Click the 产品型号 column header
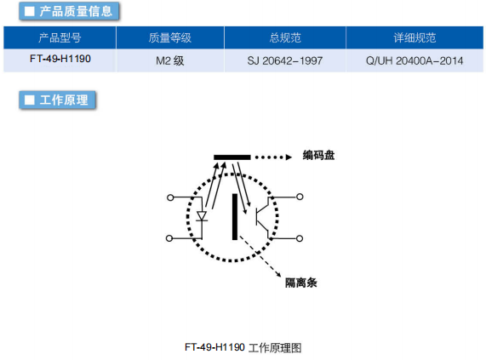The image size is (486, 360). tap(60, 37)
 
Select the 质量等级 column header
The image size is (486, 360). tap(170, 37)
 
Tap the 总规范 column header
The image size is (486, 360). tap(285, 37)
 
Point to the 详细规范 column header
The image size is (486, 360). tap(415, 37)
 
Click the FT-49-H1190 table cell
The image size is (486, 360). tap(60, 59)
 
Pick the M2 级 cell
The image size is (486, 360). tap(170, 60)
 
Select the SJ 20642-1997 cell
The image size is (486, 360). tap(285, 60)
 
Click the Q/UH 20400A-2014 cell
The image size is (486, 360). tap(415, 60)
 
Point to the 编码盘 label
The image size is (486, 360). tap(318, 155)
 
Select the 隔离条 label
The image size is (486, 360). tap(301, 283)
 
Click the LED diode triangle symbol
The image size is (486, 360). tap(202, 216)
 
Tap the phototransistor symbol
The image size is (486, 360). tap(263, 217)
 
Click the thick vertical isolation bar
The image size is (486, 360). tap(235, 217)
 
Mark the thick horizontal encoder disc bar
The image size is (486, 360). tap(232, 157)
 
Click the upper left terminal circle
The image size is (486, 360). tap(170, 197)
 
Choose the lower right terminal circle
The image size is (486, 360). tap(300, 238)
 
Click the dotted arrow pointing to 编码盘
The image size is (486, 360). tap(273, 157)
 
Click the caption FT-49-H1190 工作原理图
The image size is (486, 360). tap(243, 347)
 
